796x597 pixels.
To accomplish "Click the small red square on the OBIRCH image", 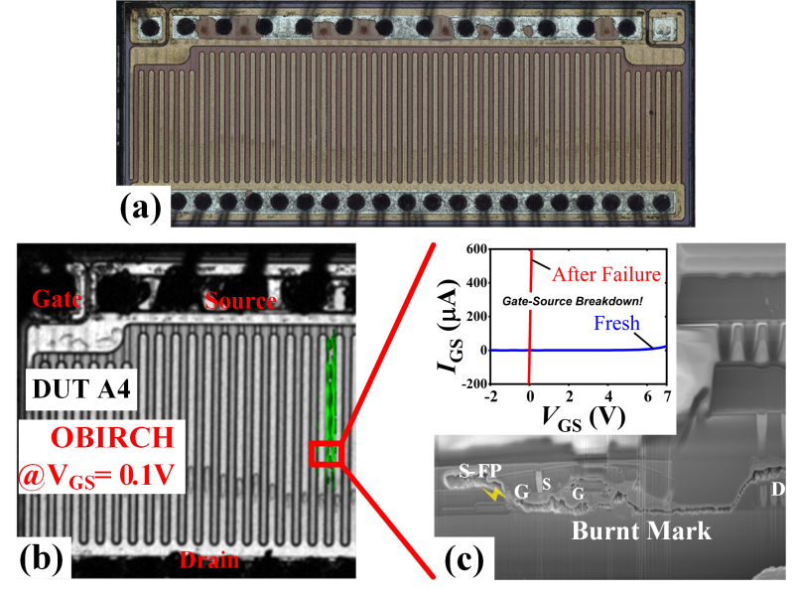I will (x=326, y=454).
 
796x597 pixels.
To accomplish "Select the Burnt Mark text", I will (x=641, y=531).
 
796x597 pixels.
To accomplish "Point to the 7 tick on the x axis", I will (x=667, y=397).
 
